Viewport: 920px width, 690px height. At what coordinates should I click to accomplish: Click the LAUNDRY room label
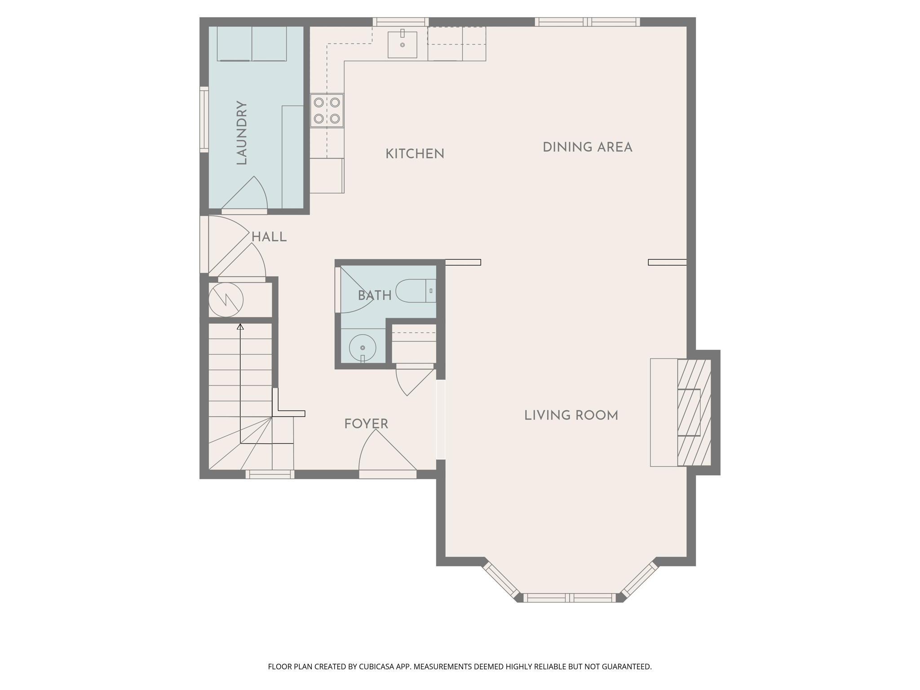(x=242, y=133)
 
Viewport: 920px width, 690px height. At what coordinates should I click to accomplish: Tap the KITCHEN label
(x=415, y=154)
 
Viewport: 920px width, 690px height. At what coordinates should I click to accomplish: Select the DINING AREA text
(x=587, y=147)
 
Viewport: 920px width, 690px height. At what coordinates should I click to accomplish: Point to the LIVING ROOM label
(x=571, y=416)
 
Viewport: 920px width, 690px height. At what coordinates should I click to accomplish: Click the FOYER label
(x=366, y=424)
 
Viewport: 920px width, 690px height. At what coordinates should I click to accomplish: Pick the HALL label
(x=269, y=237)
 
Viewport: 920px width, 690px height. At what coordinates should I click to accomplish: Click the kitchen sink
(x=402, y=44)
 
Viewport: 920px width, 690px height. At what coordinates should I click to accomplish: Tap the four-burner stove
(x=327, y=111)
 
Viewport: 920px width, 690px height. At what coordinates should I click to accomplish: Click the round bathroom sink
(x=363, y=348)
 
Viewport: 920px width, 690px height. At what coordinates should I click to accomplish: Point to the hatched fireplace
(x=694, y=412)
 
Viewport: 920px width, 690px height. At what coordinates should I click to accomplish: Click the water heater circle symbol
(x=226, y=300)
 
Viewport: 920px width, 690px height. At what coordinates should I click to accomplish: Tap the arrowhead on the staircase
(x=240, y=327)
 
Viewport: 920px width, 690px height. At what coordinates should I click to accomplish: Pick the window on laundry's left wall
(x=204, y=119)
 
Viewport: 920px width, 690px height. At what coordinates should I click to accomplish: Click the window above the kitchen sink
(x=401, y=22)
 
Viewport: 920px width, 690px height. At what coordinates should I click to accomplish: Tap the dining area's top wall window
(x=587, y=22)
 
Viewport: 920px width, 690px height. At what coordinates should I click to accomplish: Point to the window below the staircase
(x=270, y=474)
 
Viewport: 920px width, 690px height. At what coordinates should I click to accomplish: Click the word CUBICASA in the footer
(x=376, y=667)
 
